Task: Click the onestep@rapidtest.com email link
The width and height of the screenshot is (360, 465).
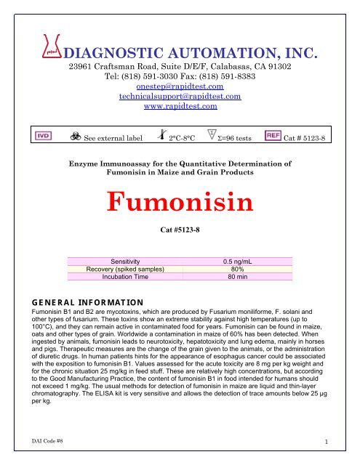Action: (180, 85)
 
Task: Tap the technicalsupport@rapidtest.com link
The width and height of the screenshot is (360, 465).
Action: (180, 96)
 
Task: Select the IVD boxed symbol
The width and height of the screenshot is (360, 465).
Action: (40, 137)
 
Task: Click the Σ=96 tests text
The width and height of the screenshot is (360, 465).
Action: (228, 138)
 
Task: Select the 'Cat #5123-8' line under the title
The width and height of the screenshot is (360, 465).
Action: (180, 230)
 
